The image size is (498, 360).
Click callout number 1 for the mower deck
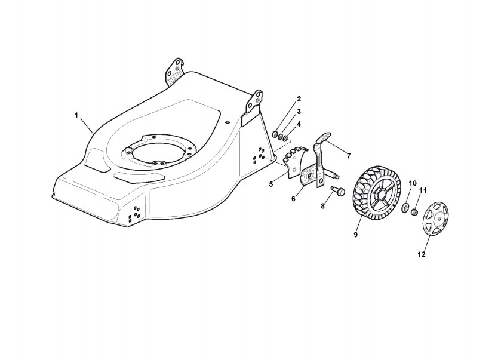(x=76, y=114)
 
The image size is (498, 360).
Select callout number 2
(x=299, y=99)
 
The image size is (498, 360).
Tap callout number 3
(x=299, y=111)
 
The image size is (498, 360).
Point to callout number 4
(x=299, y=124)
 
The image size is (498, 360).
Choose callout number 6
(x=293, y=199)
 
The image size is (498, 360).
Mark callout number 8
(x=322, y=206)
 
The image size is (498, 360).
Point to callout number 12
(x=421, y=255)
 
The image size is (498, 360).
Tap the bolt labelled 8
(x=339, y=192)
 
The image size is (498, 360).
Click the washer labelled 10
(x=405, y=208)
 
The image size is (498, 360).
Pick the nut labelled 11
(x=413, y=212)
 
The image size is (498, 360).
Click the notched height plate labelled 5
(x=296, y=162)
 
